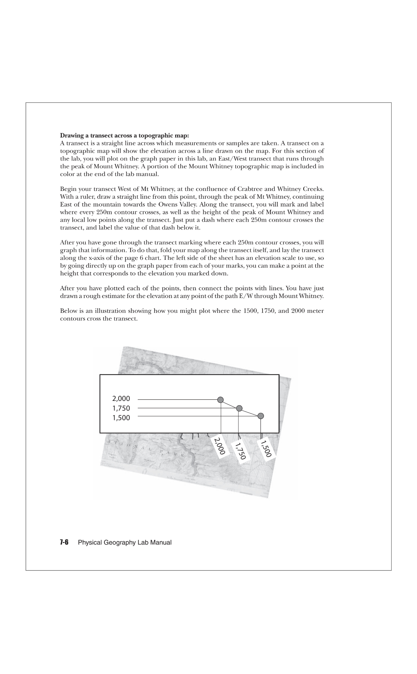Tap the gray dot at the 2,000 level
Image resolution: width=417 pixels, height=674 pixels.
coord(221,400)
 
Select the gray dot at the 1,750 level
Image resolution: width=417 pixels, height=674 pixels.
coord(239,408)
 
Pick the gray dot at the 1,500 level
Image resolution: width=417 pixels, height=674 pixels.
coord(261,416)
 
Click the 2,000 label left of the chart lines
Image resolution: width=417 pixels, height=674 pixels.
coord(121,399)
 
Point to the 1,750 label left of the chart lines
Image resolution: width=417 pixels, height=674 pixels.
coord(121,408)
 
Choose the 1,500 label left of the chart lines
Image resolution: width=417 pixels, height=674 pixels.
coord(121,418)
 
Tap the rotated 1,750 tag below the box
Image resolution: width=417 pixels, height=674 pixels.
coord(241,451)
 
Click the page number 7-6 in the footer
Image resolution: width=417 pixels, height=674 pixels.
coord(64,543)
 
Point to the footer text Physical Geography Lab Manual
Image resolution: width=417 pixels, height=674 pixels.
coord(125,543)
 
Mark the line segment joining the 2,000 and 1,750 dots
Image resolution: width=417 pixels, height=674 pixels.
coord(230,404)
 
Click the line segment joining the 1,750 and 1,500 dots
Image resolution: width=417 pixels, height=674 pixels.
coord(250,412)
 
